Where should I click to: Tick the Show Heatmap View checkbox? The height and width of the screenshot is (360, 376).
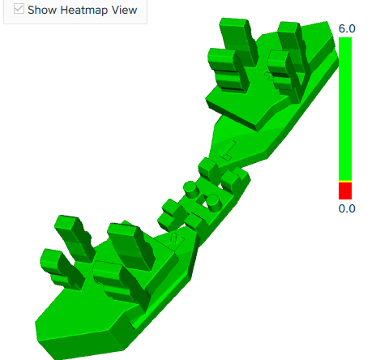19,9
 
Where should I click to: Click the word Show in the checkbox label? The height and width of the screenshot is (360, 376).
42,10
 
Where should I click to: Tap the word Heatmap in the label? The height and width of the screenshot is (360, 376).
84,11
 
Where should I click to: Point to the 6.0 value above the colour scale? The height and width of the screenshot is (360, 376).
347,28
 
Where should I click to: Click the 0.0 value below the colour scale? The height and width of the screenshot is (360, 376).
347,208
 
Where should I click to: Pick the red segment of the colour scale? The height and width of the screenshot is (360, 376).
345,191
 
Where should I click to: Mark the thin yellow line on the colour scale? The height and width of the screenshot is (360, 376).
345,181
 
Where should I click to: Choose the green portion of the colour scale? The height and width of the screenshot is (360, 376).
345,109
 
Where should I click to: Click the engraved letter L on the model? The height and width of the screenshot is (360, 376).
227,150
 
